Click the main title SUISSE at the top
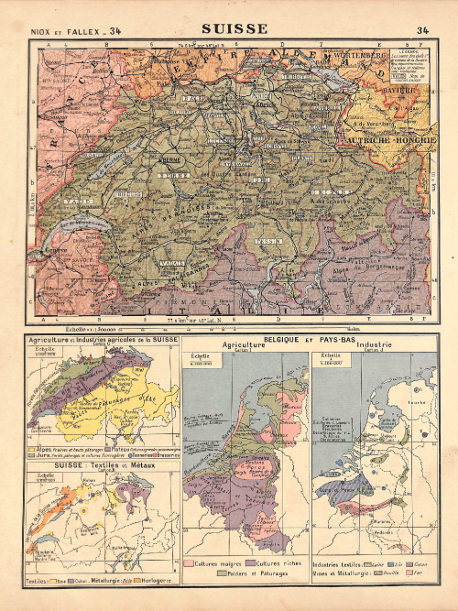(234, 28)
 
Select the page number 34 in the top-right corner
(422, 30)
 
